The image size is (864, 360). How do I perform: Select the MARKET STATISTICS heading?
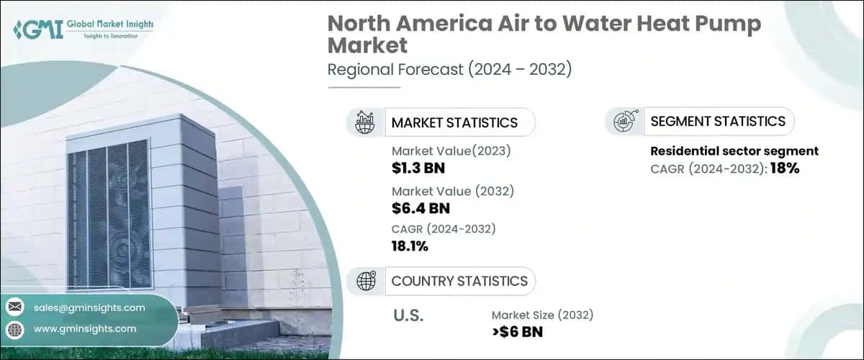[454, 122]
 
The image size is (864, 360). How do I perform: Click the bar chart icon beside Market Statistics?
[366, 122]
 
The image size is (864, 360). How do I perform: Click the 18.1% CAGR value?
[410, 247]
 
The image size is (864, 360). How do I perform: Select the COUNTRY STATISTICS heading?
[459, 281]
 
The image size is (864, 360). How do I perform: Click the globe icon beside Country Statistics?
[366, 281]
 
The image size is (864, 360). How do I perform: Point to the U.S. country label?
[408, 315]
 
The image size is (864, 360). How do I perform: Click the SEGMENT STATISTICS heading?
[718, 121]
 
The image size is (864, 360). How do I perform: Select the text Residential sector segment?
[734, 151]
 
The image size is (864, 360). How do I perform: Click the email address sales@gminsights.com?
[89, 307]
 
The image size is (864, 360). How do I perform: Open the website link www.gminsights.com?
[85, 328]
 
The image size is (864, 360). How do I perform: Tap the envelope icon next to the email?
[15, 307]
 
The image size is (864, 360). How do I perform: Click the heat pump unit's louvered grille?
[109, 215]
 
